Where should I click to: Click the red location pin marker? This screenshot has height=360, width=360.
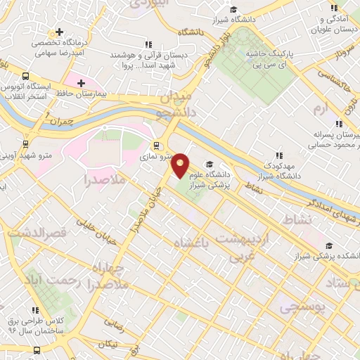(x=181, y=165)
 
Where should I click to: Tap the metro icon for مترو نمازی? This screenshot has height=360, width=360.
(x=156, y=148)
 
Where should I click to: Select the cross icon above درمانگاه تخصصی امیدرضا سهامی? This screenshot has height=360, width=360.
(x=60, y=32)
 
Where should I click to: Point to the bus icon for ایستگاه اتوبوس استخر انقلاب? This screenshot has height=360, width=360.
(x=26, y=76)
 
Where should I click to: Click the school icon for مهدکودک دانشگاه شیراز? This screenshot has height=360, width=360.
(x=279, y=155)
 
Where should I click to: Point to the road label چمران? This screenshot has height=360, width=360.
(x=62, y=121)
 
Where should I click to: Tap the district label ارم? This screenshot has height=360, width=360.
(x=321, y=109)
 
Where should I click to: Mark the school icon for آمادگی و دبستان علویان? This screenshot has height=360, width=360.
(x=333, y=8)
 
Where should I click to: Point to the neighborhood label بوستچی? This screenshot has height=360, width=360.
(x=298, y=307)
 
